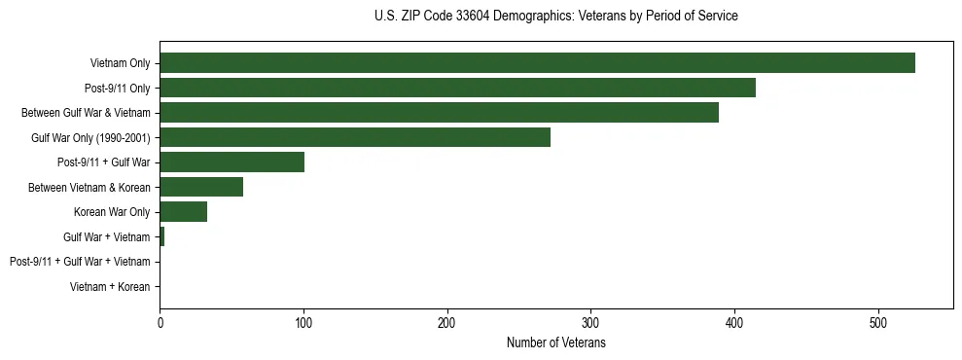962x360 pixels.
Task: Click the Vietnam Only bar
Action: click(x=537, y=63)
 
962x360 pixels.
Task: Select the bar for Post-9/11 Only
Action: click(x=457, y=88)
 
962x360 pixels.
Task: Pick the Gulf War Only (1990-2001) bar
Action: click(x=355, y=137)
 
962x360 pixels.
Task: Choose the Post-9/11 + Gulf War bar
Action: click(x=232, y=162)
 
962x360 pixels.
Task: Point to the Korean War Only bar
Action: click(x=183, y=212)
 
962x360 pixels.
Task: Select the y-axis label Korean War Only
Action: click(x=112, y=212)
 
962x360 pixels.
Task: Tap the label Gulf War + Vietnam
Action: click(x=107, y=236)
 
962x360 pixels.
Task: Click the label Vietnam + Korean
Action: click(x=110, y=287)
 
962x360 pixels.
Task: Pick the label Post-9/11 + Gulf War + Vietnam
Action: click(x=80, y=262)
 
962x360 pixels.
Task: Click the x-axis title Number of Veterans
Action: click(x=556, y=342)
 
